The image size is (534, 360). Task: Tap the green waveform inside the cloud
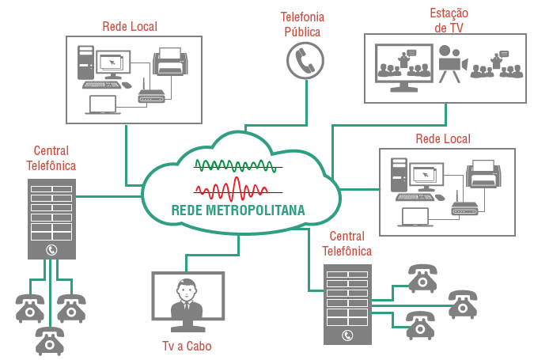[237, 166]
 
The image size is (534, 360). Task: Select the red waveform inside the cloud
[237, 190]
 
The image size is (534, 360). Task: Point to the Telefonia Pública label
[303, 24]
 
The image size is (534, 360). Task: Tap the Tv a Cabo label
[187, 346]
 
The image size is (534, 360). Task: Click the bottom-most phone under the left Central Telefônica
[49, 342]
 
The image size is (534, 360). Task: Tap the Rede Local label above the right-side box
[443, 139]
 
